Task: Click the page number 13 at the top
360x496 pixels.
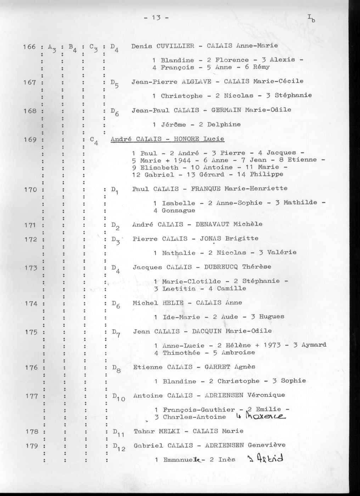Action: (x=156, y=17)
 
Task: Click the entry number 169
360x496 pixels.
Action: (x=30, y=139)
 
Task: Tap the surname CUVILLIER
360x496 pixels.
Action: (x=175, y=46)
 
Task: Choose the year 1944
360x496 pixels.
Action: (x=182, y=160)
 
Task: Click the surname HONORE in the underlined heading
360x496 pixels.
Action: (x=187, y=139)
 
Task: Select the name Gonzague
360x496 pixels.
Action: (x=178, y=211)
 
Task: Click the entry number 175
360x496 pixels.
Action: (x=31, y=332)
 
